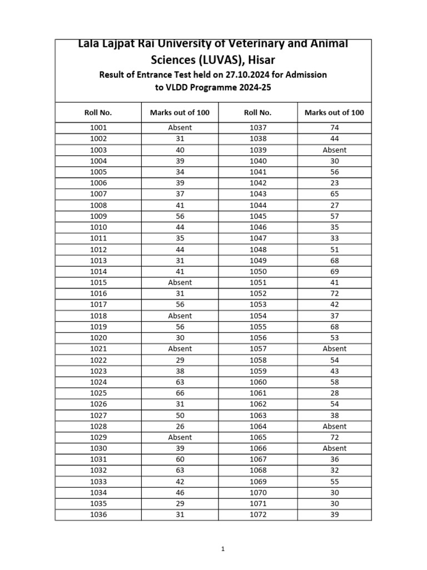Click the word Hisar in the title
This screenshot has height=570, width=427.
pyautogui.click(x=257, y=59)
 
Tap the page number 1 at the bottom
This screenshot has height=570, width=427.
pyautogui.click(x=223, y=549)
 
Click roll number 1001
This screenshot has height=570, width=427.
pyautogui.click(x=98, y=127)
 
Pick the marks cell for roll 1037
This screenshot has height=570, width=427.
pyautogui.click(x=334, y=127)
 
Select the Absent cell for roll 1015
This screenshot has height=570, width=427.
pyautogui.click(x=180, y=282)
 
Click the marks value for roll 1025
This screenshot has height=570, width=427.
pyautogui.click(x=180, y=393)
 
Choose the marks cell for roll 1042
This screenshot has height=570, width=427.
pyautogui.click(x=334, y=183)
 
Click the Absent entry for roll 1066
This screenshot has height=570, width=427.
pyautogui.click(x=334, y=448)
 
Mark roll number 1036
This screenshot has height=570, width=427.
pyautogui.click(x=98, y=515)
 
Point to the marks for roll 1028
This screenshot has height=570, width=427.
pyautogui.click(x=180, y=426)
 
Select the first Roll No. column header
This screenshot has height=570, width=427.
pyautogui.click(x=98, y=112)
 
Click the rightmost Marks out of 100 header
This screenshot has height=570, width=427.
pyautogui.click(x=334, y=112)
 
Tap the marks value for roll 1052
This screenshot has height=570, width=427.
pyautogui.click(x=334, y=293)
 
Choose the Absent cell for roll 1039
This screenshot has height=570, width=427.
pyautogui.click(x=334, y=150)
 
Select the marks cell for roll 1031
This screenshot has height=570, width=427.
pyautogui.click(x=180, y=459)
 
